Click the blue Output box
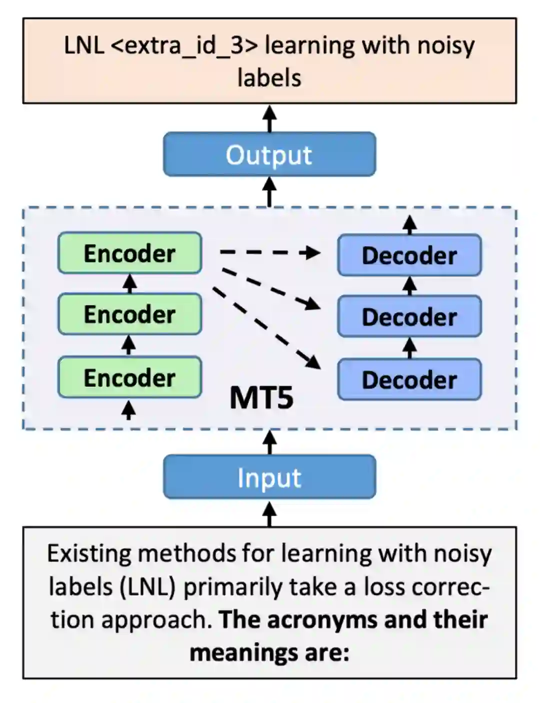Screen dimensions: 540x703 click(269, 154)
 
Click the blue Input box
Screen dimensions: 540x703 click(269, 477)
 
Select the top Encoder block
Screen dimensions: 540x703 click(129, 253)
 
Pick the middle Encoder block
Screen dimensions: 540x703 click(129, 314)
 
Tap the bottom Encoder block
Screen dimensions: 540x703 click(129, 377)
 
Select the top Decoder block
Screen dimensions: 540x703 click(409, 255)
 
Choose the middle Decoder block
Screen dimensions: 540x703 click(409, 316)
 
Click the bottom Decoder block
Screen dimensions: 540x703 click(409, 379)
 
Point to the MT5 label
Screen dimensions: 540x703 click(261, 398)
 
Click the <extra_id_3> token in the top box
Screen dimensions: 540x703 click(184, 46)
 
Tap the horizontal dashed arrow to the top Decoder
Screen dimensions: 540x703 click(270, 252)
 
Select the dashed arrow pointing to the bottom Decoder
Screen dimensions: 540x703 click(266, 328)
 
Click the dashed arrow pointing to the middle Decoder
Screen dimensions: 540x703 click(271, 289)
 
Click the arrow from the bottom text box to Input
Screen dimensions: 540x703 click(269, 513)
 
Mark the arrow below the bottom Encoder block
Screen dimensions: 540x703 click(128, 410)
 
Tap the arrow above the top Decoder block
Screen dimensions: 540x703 click(410, 225)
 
